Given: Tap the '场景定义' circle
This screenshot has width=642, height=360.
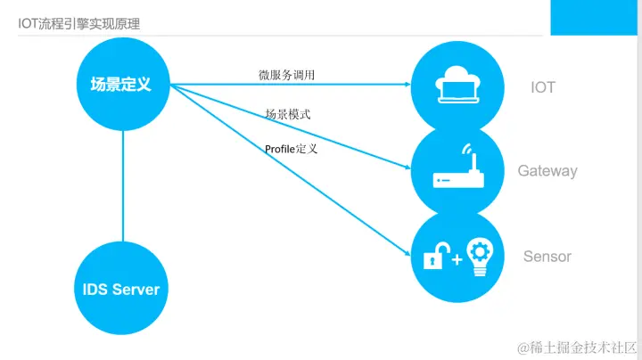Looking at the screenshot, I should [x=121, y=86].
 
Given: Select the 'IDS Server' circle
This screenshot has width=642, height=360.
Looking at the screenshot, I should [x=121, y=289].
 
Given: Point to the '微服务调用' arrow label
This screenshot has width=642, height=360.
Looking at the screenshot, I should [x=287, y=75].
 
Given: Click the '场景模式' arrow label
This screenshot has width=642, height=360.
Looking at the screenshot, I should [x=288, y=115].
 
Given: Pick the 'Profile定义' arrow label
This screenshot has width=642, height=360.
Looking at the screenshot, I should [x=292, y=149].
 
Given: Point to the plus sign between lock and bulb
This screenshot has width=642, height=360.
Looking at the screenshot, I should [x=457, y=259].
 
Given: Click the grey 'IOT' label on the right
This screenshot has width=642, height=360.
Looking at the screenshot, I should [x=543, y=87].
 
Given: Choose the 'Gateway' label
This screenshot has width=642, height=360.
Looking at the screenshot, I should [x=547, y=170].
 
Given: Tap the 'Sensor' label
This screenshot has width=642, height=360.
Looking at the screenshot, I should [x=547, y=257].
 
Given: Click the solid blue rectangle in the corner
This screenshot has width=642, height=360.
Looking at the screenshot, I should [x=594, y=18].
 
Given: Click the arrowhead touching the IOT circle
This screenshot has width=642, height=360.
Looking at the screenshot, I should [x=407, y=86].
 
